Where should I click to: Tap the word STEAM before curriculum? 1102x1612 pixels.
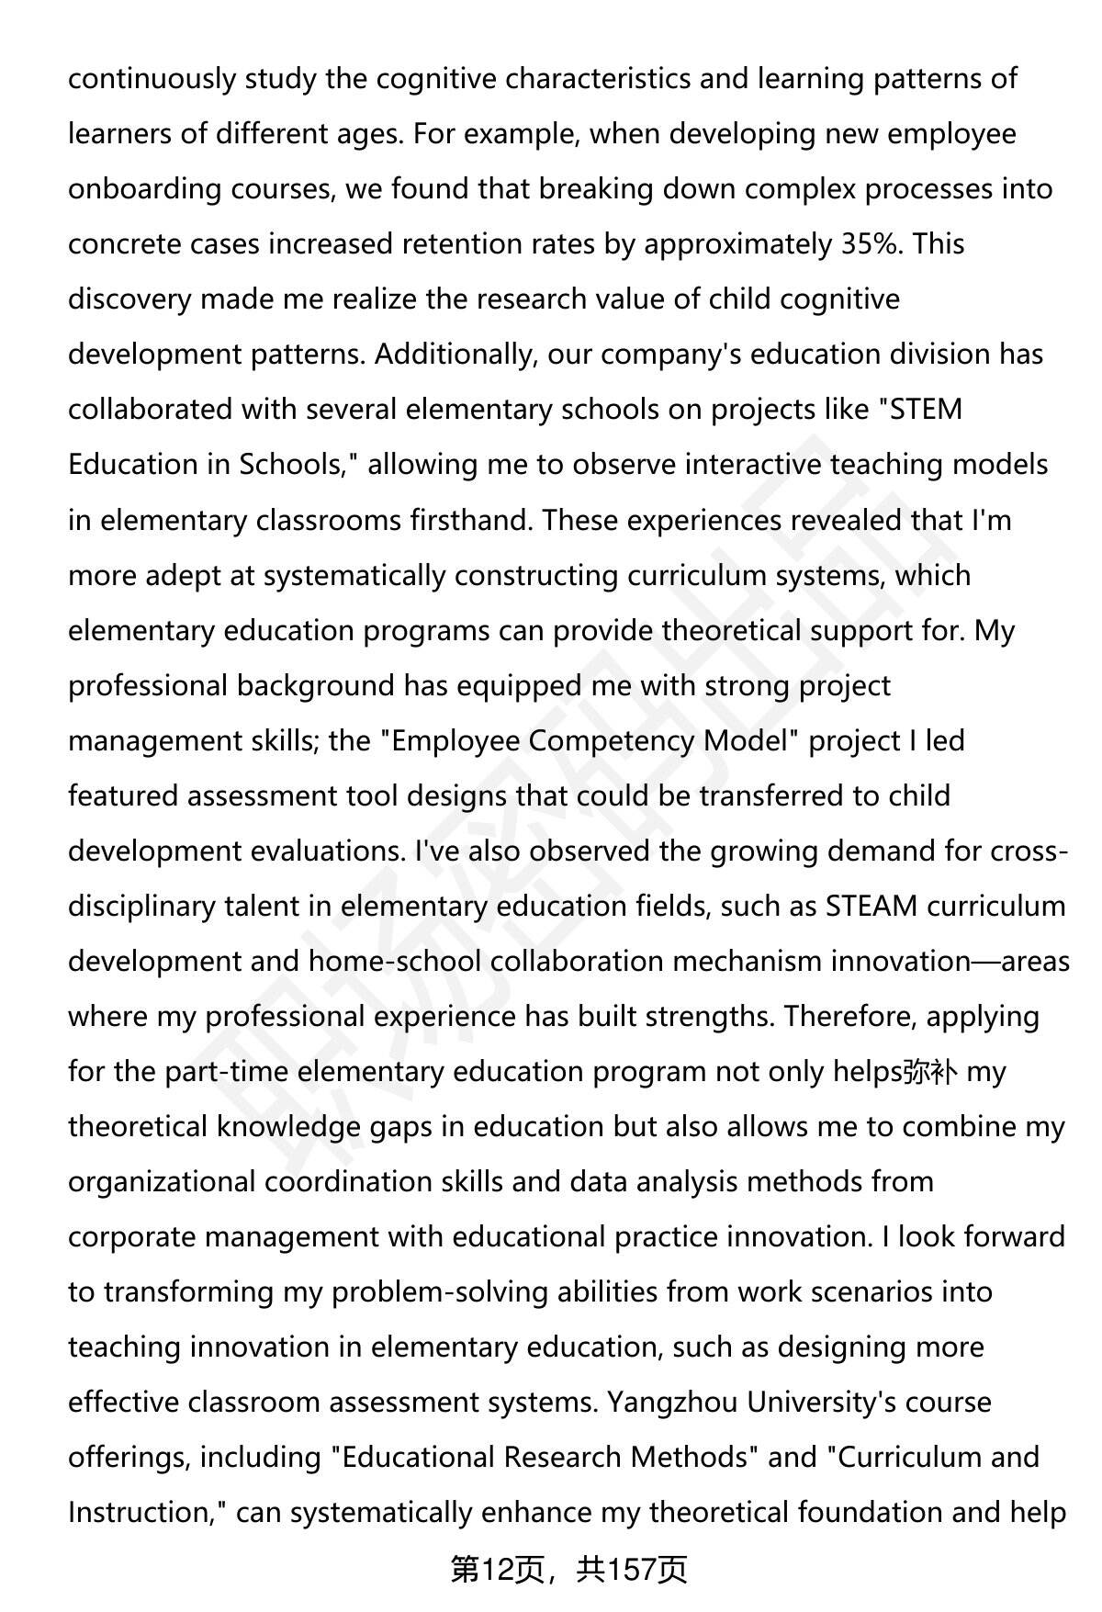click(x=871, y=907)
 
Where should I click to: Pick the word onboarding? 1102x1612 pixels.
click(x=144, y=189)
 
